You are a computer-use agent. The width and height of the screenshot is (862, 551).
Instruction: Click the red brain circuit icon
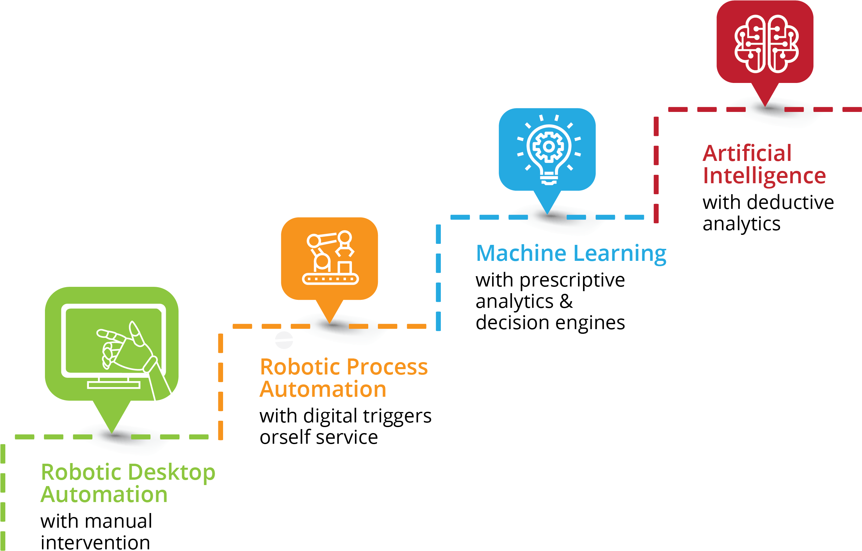click(766, 44)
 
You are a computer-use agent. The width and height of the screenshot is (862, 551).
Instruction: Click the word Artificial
click(747, 153)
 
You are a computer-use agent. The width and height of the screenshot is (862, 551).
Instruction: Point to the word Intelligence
click(764, 176)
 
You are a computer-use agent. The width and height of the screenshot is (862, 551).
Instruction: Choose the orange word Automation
click(323, 389)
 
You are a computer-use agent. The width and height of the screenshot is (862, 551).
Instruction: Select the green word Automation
click(104, 495)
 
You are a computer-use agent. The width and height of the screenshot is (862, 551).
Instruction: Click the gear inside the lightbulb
click(548, 146)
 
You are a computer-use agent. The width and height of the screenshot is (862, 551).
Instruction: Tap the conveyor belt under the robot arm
click(330, 279)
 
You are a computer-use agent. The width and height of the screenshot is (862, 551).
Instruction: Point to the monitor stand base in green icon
click(114, 385)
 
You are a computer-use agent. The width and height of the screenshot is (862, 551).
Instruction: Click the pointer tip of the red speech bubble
click(765, 105)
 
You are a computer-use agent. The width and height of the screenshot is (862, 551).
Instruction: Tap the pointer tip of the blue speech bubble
click(547, 213)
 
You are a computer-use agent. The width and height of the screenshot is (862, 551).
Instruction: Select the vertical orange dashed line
click(220, 387)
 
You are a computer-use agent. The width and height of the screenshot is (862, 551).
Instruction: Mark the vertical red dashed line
click(656, 168)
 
